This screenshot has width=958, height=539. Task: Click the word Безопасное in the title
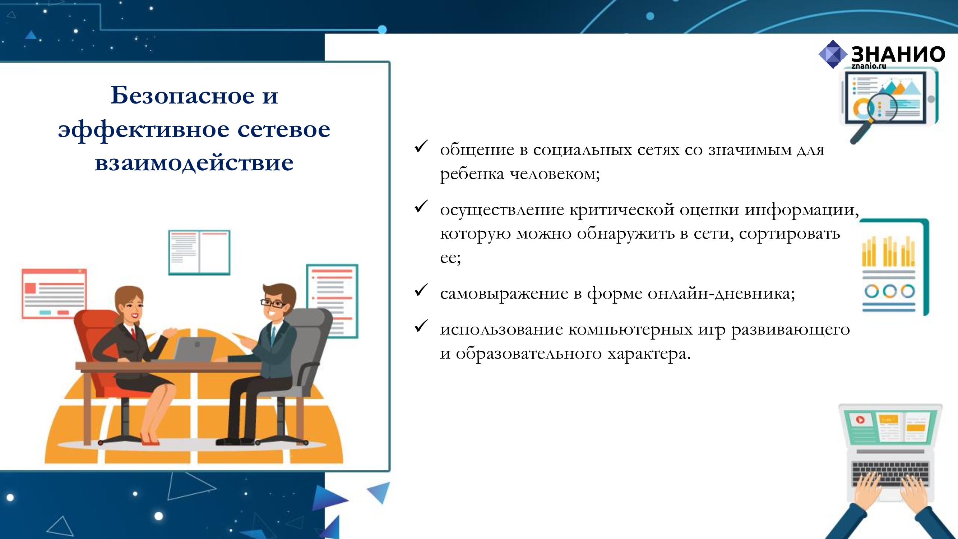tap(182, 95)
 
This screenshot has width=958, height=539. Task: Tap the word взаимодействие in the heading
tap(194, 162)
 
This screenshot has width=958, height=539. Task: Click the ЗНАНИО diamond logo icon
tap(833, 54)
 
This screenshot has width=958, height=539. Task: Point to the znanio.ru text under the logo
tap(869, 66)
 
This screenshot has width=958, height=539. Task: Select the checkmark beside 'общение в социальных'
tap(421, 146)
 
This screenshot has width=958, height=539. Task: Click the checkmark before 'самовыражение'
tap(421, 290)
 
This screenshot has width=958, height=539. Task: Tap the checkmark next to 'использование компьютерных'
tap(421, 326)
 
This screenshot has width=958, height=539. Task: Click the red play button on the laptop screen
tap(860, 420)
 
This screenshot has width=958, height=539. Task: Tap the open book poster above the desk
tap(199, 253)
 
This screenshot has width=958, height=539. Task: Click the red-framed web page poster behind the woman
tap(54, 294)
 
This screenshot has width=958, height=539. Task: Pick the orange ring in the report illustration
tap(889, 291)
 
